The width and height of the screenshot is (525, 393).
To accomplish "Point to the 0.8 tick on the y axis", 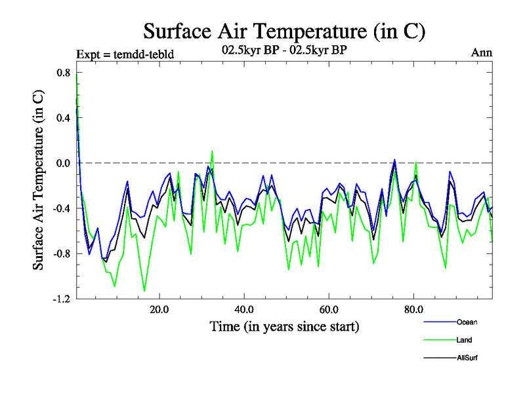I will click(63, 73).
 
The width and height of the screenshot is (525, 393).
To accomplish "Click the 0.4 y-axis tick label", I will click(63, 118).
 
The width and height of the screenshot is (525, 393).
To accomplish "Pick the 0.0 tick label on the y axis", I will click(63, 163).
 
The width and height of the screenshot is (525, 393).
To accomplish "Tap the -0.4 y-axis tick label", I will click(62, 208).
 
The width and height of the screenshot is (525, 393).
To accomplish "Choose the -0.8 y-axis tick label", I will click(62, 253).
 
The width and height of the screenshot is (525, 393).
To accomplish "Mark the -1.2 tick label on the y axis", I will click(62, 299).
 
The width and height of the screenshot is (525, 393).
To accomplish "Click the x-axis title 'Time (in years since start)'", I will click(284, 326).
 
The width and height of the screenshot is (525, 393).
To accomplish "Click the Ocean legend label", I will click(467, 322).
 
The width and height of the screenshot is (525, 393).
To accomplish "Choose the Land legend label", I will click(465, 340).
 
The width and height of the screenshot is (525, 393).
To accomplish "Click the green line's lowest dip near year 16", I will click(144, 291).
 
